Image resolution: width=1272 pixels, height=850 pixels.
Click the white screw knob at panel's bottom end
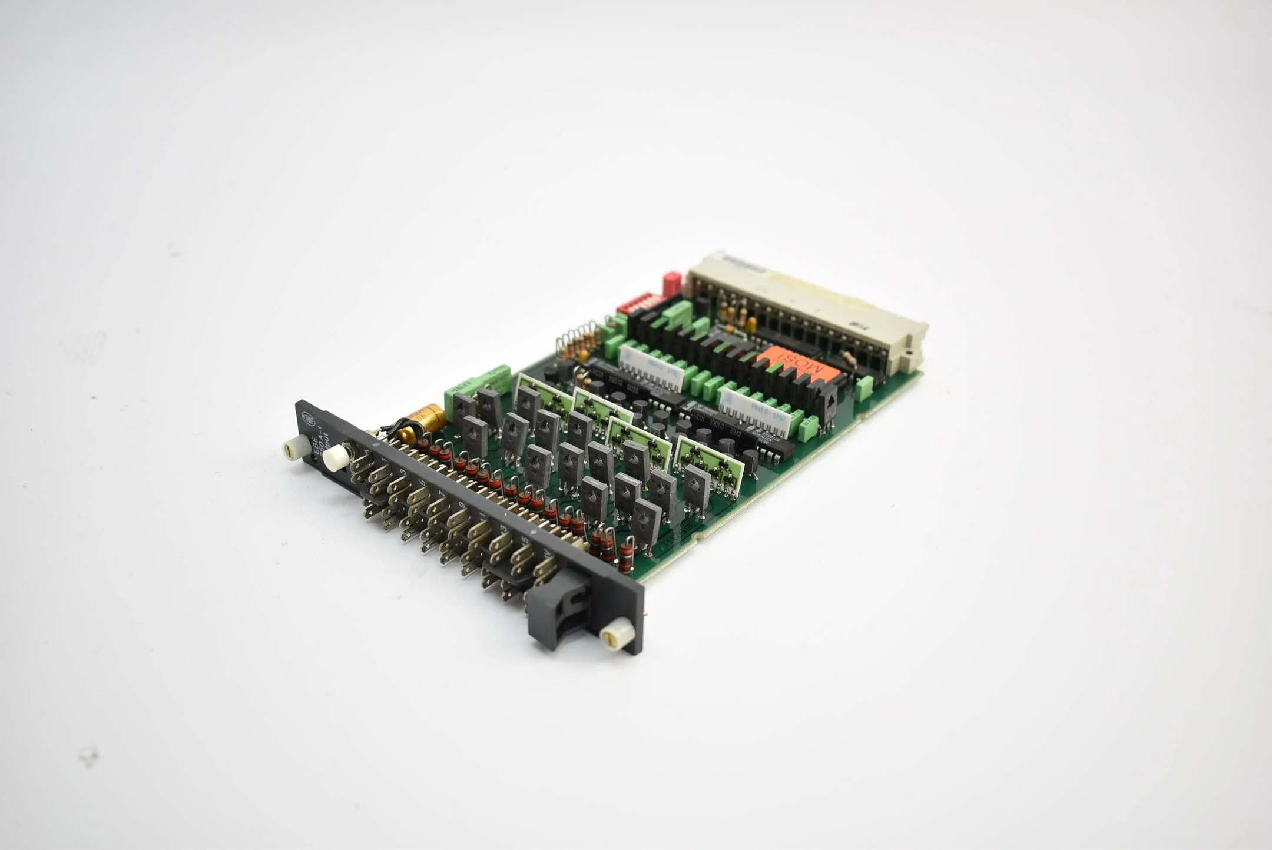617,635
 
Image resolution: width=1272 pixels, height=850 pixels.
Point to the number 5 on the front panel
422,483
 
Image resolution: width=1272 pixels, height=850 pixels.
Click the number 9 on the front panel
462,505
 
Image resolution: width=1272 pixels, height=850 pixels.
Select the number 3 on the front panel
403,473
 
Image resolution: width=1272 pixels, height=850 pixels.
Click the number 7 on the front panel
442,494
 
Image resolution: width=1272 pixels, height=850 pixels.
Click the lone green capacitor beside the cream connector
864,388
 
